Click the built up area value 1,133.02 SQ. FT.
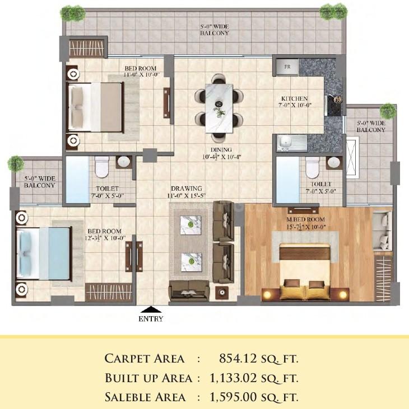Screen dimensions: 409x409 253,378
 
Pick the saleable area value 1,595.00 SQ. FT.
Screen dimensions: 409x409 253,397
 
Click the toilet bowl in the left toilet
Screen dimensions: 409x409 102,166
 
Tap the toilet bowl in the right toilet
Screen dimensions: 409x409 312,166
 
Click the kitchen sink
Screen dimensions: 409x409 289,143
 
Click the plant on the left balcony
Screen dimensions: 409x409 15,163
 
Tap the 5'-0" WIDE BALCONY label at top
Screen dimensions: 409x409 215,30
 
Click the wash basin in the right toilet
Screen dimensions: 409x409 334,162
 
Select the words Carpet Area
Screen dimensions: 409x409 144,358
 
